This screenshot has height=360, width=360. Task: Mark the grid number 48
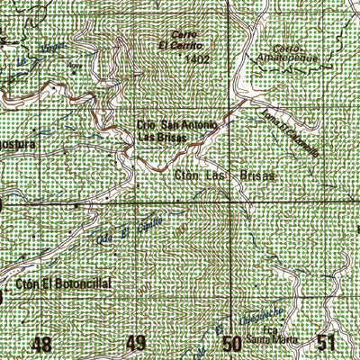40,344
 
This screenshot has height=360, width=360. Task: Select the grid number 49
137,344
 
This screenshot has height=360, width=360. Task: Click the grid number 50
232,344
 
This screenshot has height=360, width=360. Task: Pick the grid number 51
327,344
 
